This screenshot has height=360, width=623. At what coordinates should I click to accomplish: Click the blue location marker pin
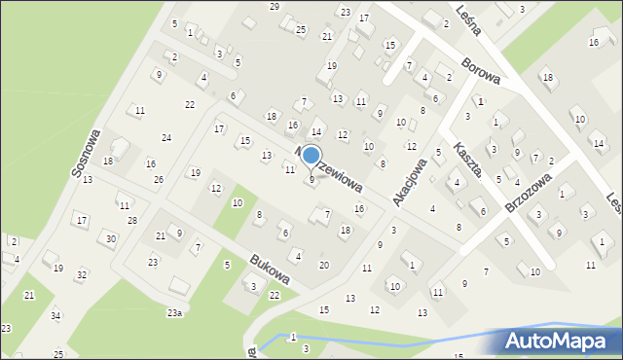pos(311,156)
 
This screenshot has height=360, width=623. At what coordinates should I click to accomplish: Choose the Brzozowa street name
pos(531,189)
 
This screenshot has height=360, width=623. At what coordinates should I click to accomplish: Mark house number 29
pos(275,7)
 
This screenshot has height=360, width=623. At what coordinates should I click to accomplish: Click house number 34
pos(55,316)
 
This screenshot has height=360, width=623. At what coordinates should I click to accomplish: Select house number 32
pos(82,275)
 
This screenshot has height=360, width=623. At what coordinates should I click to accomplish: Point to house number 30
pos(111,239)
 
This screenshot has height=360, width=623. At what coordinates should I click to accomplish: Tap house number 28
pos(131,222)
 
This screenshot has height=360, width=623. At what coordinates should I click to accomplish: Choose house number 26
pos(158,180)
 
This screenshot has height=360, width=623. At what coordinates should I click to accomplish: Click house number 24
pos(166,138)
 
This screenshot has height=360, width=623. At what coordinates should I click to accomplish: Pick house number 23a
pos(174,312)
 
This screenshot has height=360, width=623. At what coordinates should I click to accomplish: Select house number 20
pos(324,266)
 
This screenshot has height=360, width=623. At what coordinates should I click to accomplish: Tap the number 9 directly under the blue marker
pos(311,180)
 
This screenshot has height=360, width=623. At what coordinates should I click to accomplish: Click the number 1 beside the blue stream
pos(293,337)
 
